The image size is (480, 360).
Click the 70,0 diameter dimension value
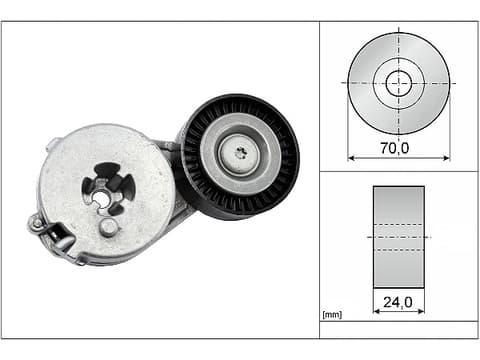[395, 148]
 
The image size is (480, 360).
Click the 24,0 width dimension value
[398, 302]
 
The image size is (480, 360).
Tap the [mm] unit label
[332, 314]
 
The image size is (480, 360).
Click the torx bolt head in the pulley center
[241, 153]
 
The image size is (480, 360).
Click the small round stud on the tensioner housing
[108, 227]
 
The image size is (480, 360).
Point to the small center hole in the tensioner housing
[101, 199]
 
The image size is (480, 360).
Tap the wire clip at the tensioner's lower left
[52, 237]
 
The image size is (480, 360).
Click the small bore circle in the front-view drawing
[399, 83]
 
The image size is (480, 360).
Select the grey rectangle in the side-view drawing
[399, 237]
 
